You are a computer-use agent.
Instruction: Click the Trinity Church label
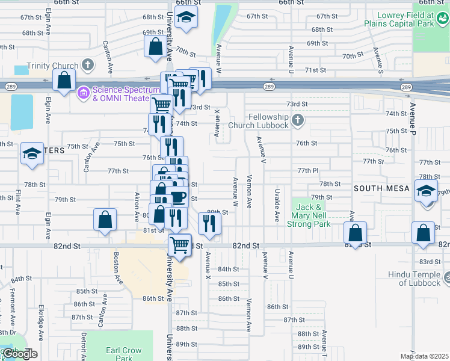(52, 66)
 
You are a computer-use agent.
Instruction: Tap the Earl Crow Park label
(124, 354)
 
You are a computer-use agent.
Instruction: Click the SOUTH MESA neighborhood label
(381, 188)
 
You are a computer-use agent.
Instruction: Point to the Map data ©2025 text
(424, 356)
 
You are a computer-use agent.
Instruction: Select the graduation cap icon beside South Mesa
(426, 191)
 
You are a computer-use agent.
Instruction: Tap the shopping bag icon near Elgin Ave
(64, 80)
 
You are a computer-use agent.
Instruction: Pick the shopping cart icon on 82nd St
(179, 244)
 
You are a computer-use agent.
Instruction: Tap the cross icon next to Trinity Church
(88, 64)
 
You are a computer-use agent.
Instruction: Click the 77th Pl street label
(307, 171)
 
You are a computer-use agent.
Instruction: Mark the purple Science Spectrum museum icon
(82, 93)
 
